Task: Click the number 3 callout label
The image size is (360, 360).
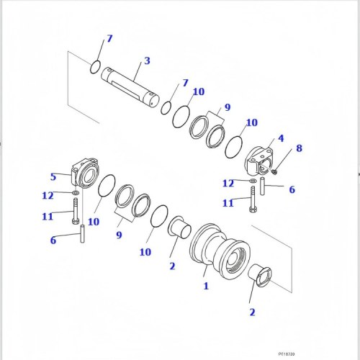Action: tap(147, 61)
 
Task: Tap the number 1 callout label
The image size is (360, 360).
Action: tap(206, 286)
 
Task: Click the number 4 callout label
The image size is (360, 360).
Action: tap(281, 138)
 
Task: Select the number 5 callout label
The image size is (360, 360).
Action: tap(53, 176)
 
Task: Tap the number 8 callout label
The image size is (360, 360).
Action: tap(299, 149)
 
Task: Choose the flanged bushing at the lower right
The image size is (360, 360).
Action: tap(260, 277)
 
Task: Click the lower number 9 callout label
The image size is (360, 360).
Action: tap(118, 234)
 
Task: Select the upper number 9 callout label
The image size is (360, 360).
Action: tap(227, 108)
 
